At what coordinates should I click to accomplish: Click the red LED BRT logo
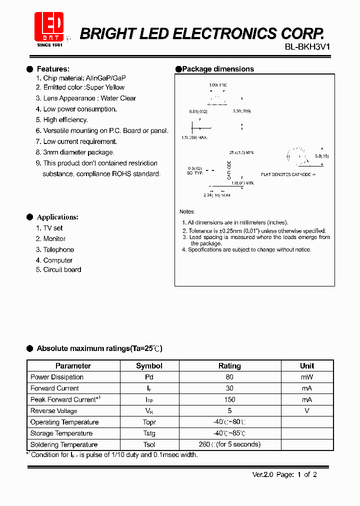click(x=48, y=26)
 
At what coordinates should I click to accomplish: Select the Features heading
click(x=53, y=69)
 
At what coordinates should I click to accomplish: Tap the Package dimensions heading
click(x=217, y=69)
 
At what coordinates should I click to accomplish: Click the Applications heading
click(x=57, y=217)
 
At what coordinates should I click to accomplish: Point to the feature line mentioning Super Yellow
click(x=80, y=87)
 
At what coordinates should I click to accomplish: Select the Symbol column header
click(x=149, y=366)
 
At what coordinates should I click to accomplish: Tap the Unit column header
click(x=306, y=366)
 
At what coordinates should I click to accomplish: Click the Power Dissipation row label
click(x=57, y=377)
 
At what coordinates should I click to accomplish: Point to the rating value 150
click(x=229, y=399)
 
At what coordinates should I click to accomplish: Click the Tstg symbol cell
click(x=149, y=433)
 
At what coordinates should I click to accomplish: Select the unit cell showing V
click(x=306, y=411)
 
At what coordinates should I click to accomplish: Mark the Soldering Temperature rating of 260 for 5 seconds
click(x=229, y=444)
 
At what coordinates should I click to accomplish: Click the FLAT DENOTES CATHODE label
click(x=287, y=174)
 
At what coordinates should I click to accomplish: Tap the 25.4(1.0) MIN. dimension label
click(x=241, y=152)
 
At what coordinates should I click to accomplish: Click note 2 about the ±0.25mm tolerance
click(x=253, y=231)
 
